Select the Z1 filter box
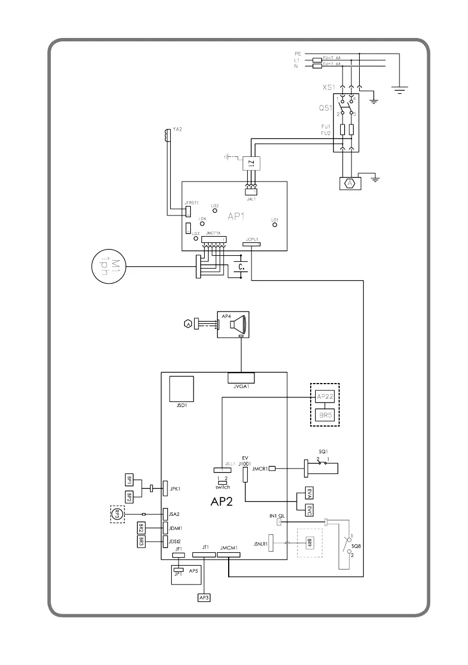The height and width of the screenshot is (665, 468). point(252,164)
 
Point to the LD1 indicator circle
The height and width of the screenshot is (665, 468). point(274,226)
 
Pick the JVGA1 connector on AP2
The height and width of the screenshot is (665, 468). point(241,377)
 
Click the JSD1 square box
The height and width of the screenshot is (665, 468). point(181,389)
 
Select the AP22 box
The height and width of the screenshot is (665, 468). point(325,396)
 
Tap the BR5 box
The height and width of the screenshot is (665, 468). point(325,415)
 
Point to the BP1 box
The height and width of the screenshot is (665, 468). point(129,480)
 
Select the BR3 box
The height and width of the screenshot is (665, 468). point(141,540)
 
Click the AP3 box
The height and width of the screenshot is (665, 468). point(204,597)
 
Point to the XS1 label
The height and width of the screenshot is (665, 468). point(329,88)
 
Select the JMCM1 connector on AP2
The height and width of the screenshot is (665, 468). point(229,556)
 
